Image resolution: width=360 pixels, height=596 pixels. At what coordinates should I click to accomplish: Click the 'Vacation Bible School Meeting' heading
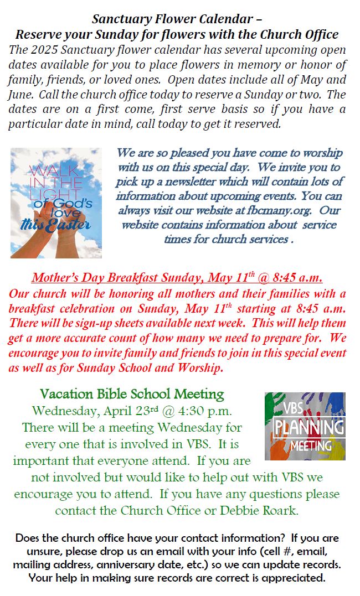(132, 395)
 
